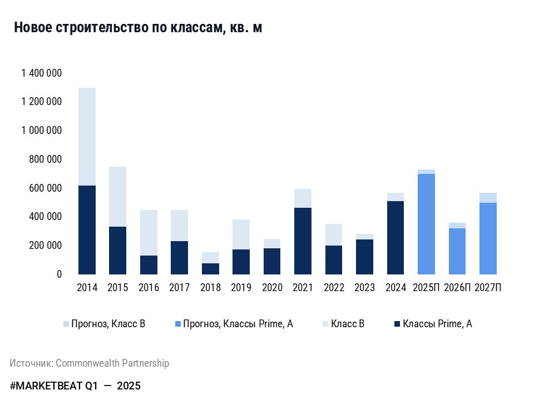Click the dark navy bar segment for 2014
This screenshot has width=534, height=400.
(87, 229)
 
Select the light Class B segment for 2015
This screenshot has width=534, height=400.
(117, 197)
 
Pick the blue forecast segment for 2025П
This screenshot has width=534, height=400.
(426, 224)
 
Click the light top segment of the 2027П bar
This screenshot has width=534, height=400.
(488, 198)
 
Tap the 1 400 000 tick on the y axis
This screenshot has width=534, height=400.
(41, 73)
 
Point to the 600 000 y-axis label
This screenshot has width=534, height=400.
(45, 188)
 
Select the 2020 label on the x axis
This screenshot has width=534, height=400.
(272, 288)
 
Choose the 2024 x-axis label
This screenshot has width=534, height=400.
(395, 288)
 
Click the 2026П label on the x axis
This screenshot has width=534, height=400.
(457, 288)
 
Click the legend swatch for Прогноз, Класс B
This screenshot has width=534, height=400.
(66, 324)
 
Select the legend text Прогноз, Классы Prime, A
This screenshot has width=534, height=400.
(238, 324)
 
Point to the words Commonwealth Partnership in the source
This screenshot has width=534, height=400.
(112, 363)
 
